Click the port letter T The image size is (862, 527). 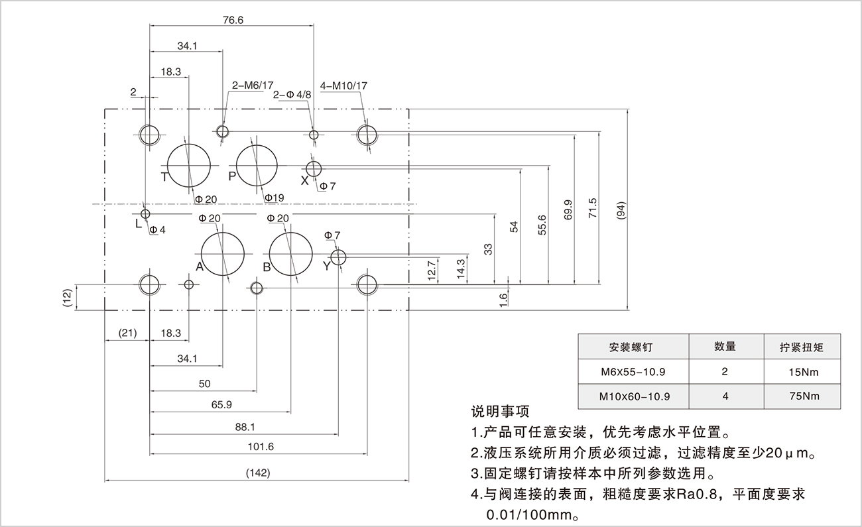tap(164, 176)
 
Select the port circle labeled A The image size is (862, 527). tap(223, 254)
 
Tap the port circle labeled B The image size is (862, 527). tap(290, 254)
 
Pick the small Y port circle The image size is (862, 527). tap(338, 257)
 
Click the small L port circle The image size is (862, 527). tap(145, 213)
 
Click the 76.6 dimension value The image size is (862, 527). tap(233, 20)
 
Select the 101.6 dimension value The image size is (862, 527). tap(261, 446)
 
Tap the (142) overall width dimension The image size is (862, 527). tap(257, 473)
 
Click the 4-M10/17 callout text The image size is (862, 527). tap(343, 86)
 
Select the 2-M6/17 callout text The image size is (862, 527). tap(252, 86)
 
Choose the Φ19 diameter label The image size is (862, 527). tap(274, 198)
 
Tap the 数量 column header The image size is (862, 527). tap(725, 346)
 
